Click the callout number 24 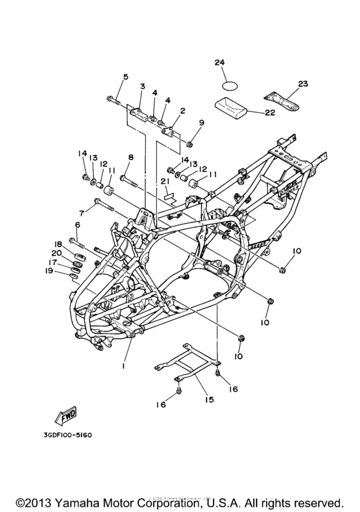[221, 62]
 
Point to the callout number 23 [303, 84]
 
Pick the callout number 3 [143, 86]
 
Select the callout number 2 [165, 110]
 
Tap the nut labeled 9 [191, 140]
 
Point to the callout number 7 [82, 213]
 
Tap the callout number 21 [165, 182]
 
